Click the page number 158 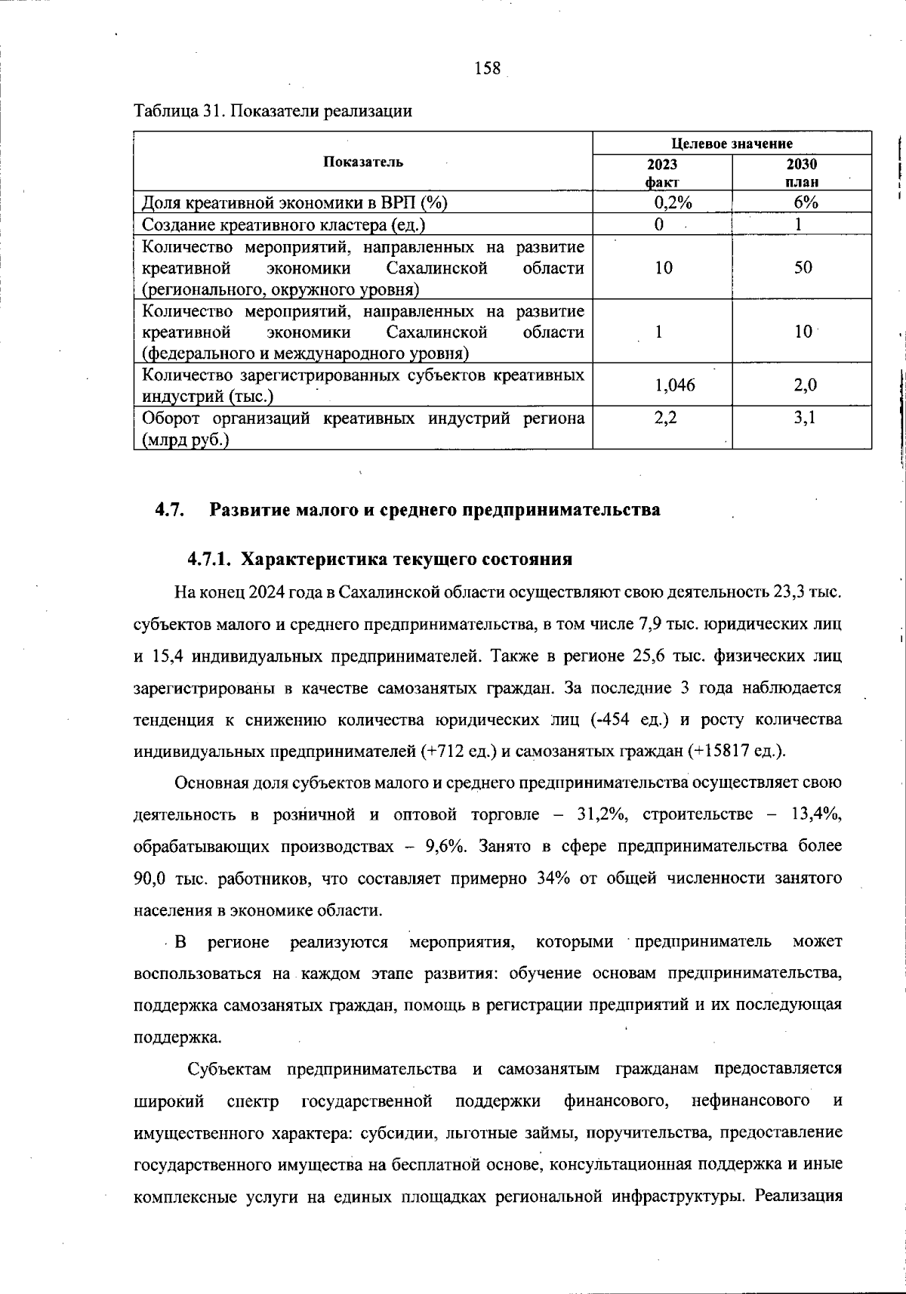tap(488, 69)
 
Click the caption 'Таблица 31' tap(178, 112)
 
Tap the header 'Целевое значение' tap(732, 144)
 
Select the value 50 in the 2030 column tap(803, 267)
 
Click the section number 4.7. tap(170, 510)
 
